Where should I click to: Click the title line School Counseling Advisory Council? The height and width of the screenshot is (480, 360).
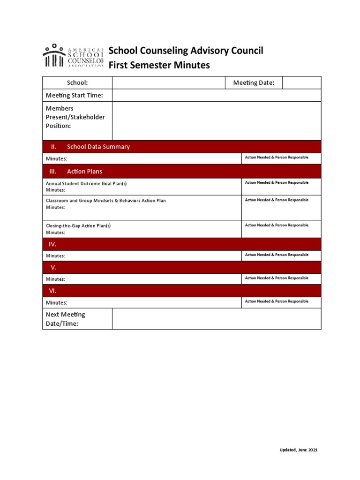[186, 51]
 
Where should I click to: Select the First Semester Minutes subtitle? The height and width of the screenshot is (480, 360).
[159, 65]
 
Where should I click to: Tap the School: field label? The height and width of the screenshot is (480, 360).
[77, 82]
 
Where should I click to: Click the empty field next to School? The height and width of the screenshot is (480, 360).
[169, 82]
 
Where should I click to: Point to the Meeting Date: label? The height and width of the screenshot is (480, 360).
[254, 83]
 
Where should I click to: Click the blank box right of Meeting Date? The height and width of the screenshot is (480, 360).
[301, 83]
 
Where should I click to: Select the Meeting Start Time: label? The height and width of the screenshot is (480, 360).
[74, 96]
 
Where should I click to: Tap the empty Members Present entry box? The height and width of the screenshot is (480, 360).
[216, 120]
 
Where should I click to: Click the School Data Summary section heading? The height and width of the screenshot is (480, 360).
[98, 147]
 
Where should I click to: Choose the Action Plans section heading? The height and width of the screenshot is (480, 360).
[84, 172]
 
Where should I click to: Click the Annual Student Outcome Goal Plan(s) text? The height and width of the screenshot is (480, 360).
[86, 183]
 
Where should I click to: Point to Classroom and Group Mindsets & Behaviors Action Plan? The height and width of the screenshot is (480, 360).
[105, 201]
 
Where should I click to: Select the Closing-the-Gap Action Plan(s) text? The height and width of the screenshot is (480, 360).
[78, 226]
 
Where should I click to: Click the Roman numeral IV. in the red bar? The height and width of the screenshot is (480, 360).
[53, 244]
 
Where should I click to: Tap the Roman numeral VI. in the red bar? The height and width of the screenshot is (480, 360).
[53, 291]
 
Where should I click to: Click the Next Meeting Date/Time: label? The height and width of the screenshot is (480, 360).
[65, 319]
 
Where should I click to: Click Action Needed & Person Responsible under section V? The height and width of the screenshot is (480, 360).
[277, 278]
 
